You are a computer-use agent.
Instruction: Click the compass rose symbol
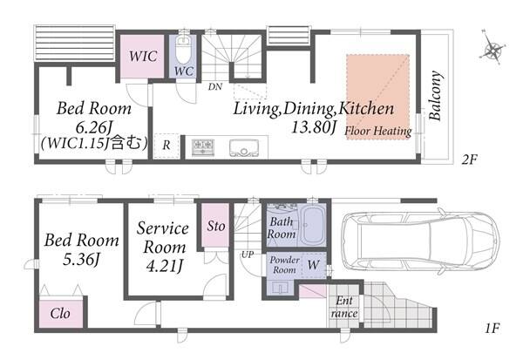pyautogui.click(x=492, y=50)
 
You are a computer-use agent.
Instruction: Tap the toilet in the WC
pyautogui.click(x=183, y=50)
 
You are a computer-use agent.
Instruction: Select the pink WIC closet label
pyautogui.click(x=143, y=56)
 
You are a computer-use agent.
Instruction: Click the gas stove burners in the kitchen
pyautogui.click(x=203, y=146)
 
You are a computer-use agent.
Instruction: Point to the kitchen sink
pyautogui.click(x=244, y=147)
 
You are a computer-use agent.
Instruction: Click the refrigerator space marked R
pyautogui.click(x=166, y=146)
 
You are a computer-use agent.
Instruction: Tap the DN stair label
pyautogui.click(x=215, y=87)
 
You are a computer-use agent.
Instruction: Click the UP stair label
pyautogui.click(x=248, y=255)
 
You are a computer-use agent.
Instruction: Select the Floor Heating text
pyautogui.click(x=378, y=131)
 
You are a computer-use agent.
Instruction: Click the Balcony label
pyautogui.click(x=436, y=95)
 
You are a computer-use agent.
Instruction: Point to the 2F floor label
pyautogui.click(x=470, y=160)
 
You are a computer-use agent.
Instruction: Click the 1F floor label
pyautogui.click(x=492, y=329)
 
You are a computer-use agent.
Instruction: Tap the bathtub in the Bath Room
pyautogui.click(x=313, y=225)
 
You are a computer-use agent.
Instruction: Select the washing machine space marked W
pyautogui.click(x=314, y=265)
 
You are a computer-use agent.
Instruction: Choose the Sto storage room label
pyautogui.click(x=216, y=227)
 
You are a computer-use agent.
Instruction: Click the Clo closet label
pyautogui.click(x=60, y=313)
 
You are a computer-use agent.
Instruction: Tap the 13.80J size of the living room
pyautogui.click(x=314, y=127)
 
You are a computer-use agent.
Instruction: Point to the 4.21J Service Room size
pyautogui.click(x=165, y=266)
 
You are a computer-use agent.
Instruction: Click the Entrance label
pyautogui.click(x=344, y=307)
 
